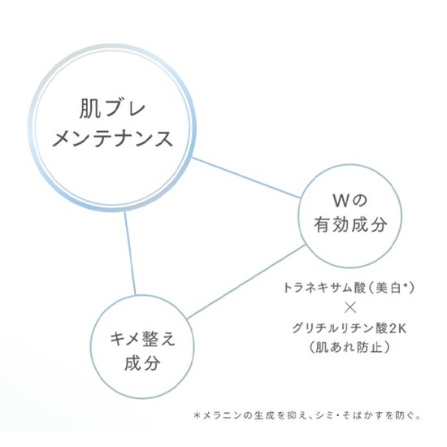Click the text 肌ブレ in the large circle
[x=113, y=109]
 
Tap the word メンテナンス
[x=113, y=139]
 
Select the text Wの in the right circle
[x=350, y=201]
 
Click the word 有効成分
[x=350, y=224]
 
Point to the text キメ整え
[x=142, y=339]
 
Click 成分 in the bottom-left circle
[x=142, y=363]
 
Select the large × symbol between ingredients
[x=350, y=308]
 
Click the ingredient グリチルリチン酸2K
[x=349, y=329]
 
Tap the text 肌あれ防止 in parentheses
[x=349, y=348]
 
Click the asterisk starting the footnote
[x=197, y=415]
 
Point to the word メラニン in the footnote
[x=222, y=415]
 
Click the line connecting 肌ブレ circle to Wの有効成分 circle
[x=246, y=178]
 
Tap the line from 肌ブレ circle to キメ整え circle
[x=130, y=254]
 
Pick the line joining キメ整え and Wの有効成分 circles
[x=246, y=282]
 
